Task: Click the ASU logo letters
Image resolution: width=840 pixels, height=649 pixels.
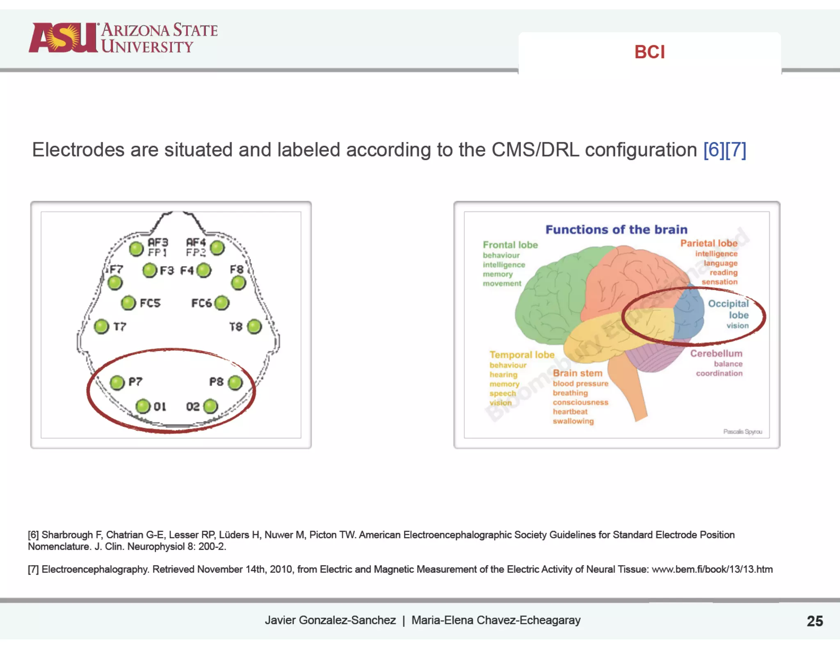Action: click(x=64, y=38)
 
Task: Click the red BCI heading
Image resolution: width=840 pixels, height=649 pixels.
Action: click(x=649, y=52)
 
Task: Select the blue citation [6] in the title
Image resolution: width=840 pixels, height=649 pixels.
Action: click(x=714, y=150)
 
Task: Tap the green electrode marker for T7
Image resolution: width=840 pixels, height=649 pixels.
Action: click(x=101, y=327)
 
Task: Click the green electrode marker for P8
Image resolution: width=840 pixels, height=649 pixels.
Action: click(x=235, y=383)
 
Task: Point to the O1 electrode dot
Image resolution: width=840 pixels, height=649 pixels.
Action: click(x=143, y=407)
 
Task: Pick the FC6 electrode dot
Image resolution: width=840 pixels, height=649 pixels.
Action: click(x=222, y=303)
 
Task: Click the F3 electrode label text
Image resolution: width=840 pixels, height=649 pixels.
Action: click(x=167, y=271)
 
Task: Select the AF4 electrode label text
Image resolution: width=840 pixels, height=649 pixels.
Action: click(x=196, y=242)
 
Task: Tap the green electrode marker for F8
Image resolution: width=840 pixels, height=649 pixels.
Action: click(x=238, y=283)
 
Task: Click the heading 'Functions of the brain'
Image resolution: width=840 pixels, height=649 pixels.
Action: click(x=616, y=229)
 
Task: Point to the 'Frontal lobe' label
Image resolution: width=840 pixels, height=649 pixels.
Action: click(x=510, y=245)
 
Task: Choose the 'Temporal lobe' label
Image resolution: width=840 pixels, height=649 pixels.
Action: click(x=522, y=355)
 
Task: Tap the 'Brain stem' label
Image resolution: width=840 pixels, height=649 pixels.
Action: click(x=577, y=373)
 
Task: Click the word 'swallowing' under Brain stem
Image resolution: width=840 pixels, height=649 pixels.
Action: click(x=573, y=421)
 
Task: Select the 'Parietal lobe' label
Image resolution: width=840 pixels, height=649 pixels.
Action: click(x=709, y=243)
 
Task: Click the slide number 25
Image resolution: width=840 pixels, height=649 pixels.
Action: click(x=815, y=621)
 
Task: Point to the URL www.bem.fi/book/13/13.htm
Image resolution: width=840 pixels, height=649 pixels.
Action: click(x=712, y=569)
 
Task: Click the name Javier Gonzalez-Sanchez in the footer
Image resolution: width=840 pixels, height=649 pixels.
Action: click(x=330, y=620)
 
